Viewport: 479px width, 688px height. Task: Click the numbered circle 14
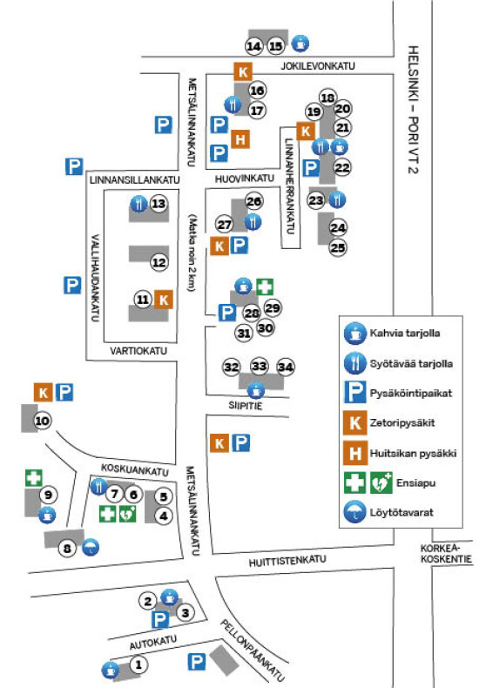pos(254,46)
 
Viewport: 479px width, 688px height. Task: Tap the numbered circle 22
pos(342,167)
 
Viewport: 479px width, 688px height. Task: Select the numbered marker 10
pos(42,421)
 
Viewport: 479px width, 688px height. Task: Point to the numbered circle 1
pos(138,664)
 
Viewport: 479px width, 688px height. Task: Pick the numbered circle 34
pos(286,367)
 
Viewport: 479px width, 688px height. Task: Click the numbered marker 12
pos(159,262)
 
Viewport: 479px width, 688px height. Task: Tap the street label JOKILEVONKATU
pos(318,66)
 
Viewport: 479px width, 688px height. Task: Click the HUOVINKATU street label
pos(245,179)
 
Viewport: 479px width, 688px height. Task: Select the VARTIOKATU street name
pos(138,351)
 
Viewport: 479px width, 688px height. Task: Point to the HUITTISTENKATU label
pos(287,561)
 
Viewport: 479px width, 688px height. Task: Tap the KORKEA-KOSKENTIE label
pos(446,554)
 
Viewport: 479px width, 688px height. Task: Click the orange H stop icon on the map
pos(240,139)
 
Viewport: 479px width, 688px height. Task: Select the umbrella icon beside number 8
pos(91,547)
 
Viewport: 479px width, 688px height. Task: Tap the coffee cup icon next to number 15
pos(300,44)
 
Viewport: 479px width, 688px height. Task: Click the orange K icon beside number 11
pos(164,300)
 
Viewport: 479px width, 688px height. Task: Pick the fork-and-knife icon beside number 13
pos(139,204)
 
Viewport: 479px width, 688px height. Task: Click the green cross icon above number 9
pos(34,478)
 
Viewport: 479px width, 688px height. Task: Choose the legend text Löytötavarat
pos(401,512)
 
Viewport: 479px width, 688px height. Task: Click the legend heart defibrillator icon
pos(381,483)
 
